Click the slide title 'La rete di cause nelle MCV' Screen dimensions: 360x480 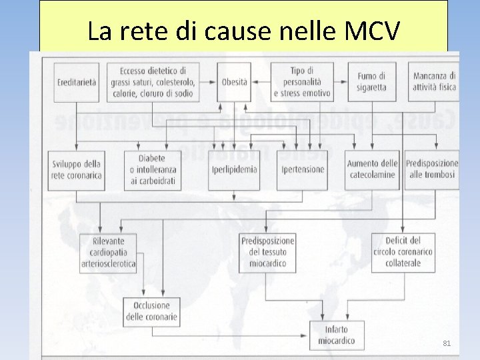click(243, 31)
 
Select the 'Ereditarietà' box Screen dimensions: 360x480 click(75, 82)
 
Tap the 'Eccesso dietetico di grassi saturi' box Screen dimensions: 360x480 click(153, 82)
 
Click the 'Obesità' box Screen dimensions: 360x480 click(234, 82)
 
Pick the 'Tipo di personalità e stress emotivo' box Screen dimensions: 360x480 click(301, 82)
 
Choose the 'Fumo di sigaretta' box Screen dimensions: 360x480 click(371, 82)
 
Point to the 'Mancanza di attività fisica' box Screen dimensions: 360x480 click(434, 82)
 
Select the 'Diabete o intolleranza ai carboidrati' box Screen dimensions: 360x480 click(152, 170)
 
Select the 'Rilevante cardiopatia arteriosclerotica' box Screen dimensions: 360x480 click(108, 252)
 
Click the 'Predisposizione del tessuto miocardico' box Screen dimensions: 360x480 click(267, 252)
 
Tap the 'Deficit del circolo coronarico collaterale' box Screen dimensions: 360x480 click(403, 252)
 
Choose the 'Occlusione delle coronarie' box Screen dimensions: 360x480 click(152, 311)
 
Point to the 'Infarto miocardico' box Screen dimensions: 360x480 click(337, 335)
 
